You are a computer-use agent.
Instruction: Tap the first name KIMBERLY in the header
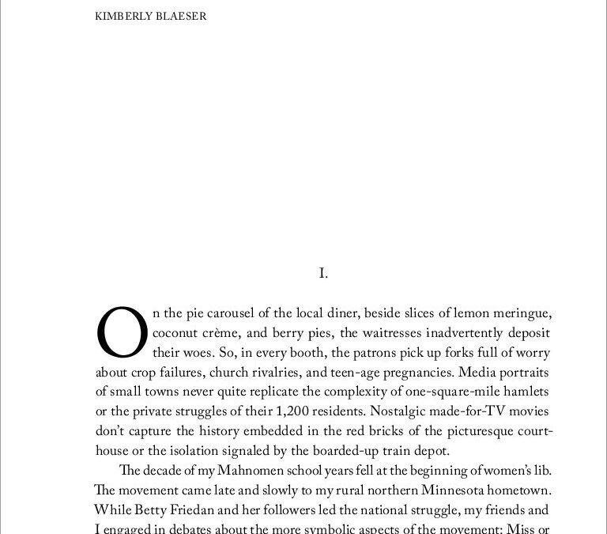[122, 16]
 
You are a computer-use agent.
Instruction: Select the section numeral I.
[322, 274]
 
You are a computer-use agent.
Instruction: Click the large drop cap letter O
[121, 332]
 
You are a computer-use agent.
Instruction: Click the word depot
[432, 452]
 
